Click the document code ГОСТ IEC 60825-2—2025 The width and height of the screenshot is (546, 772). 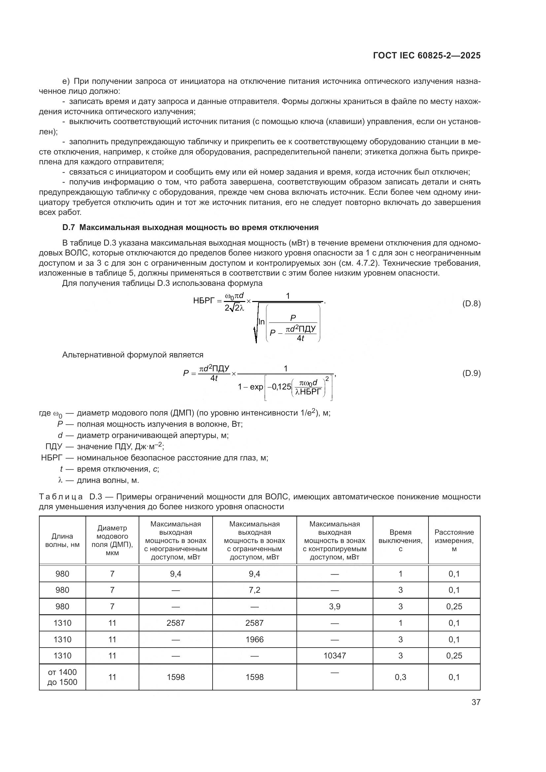[427, 55]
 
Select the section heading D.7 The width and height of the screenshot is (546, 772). [190, 227]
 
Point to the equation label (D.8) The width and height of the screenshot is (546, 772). [471, 304]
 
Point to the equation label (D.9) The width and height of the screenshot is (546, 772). [471, 373]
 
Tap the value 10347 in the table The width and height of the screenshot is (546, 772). [334, 655]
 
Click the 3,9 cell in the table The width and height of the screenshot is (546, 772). [334, 606]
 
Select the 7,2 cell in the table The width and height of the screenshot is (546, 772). [255, 590]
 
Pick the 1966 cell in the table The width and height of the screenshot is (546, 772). [255, 639]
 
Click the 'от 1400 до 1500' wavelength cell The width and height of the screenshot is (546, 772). [62, 677]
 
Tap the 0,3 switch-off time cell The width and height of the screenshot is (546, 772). [400, 677]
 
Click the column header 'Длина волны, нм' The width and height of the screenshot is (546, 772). [62, 540]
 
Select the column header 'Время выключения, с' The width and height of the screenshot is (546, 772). [400, 540]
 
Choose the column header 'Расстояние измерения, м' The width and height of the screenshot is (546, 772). [454, 540]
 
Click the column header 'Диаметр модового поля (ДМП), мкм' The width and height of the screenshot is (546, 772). [112, 540]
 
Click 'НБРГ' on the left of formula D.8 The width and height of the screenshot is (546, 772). [203, 301]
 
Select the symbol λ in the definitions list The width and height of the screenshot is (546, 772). [60, 480]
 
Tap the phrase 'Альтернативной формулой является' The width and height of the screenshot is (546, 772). [133, 355]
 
